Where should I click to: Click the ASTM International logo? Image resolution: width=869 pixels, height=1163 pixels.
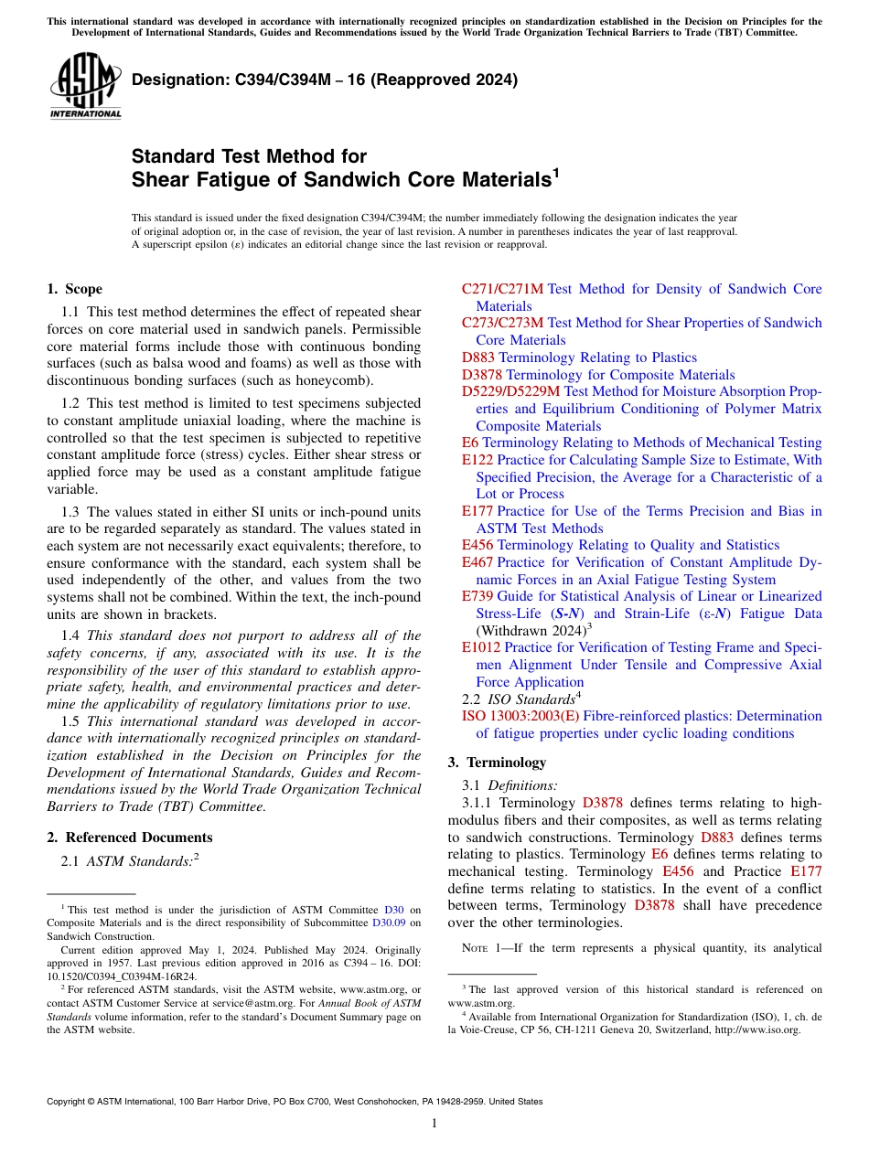[85, 86]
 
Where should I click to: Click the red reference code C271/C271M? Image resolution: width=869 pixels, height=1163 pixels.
[502, 289]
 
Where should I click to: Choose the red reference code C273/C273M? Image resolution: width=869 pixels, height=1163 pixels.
[502, 323]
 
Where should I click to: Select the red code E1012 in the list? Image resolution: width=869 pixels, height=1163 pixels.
[481, 647]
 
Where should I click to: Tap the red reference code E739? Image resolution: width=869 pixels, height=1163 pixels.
[477, 596]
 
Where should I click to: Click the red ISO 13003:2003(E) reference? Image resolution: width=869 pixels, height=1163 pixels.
[520, 716]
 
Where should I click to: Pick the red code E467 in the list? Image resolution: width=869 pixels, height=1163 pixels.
[477, 562]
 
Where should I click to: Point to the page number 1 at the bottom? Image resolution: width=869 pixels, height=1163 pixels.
[434, 1124]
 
